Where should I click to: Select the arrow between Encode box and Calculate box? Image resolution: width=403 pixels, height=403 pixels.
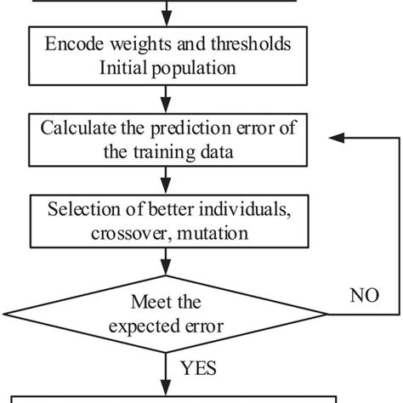click(167, 100)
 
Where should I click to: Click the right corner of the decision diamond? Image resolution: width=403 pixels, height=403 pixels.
click(328, 314)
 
